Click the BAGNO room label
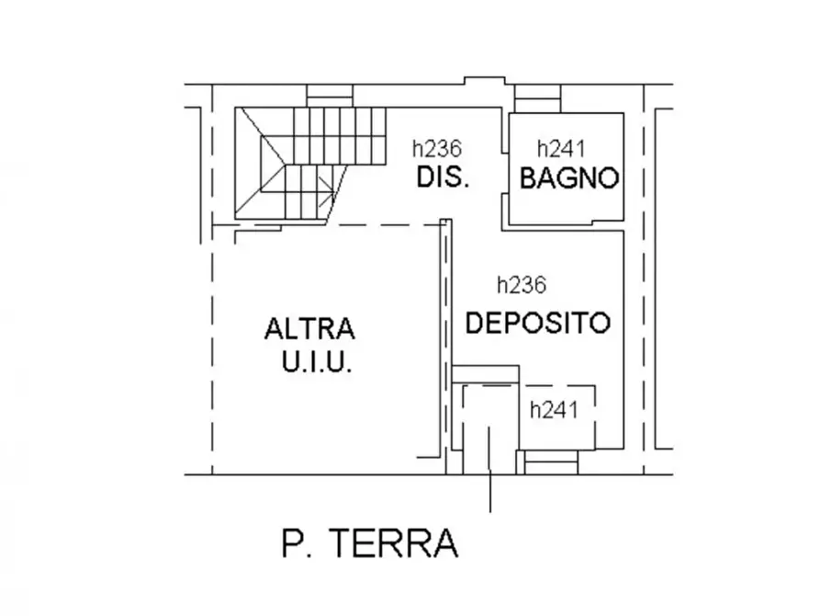click(569, 178)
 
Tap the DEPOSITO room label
click(537, 323)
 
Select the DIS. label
click(443, 177)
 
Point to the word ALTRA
click(309, 328)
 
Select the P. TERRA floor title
click(369, 544)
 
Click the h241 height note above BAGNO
click(561, 148)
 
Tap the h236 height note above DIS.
click(436, 148)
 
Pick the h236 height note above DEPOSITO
click(522, 285)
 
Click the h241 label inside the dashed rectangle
click(555, 410)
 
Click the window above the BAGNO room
click(537, 97)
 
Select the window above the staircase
click(330, 97)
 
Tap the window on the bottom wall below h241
click(551, 461)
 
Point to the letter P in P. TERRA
click(292, 544)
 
